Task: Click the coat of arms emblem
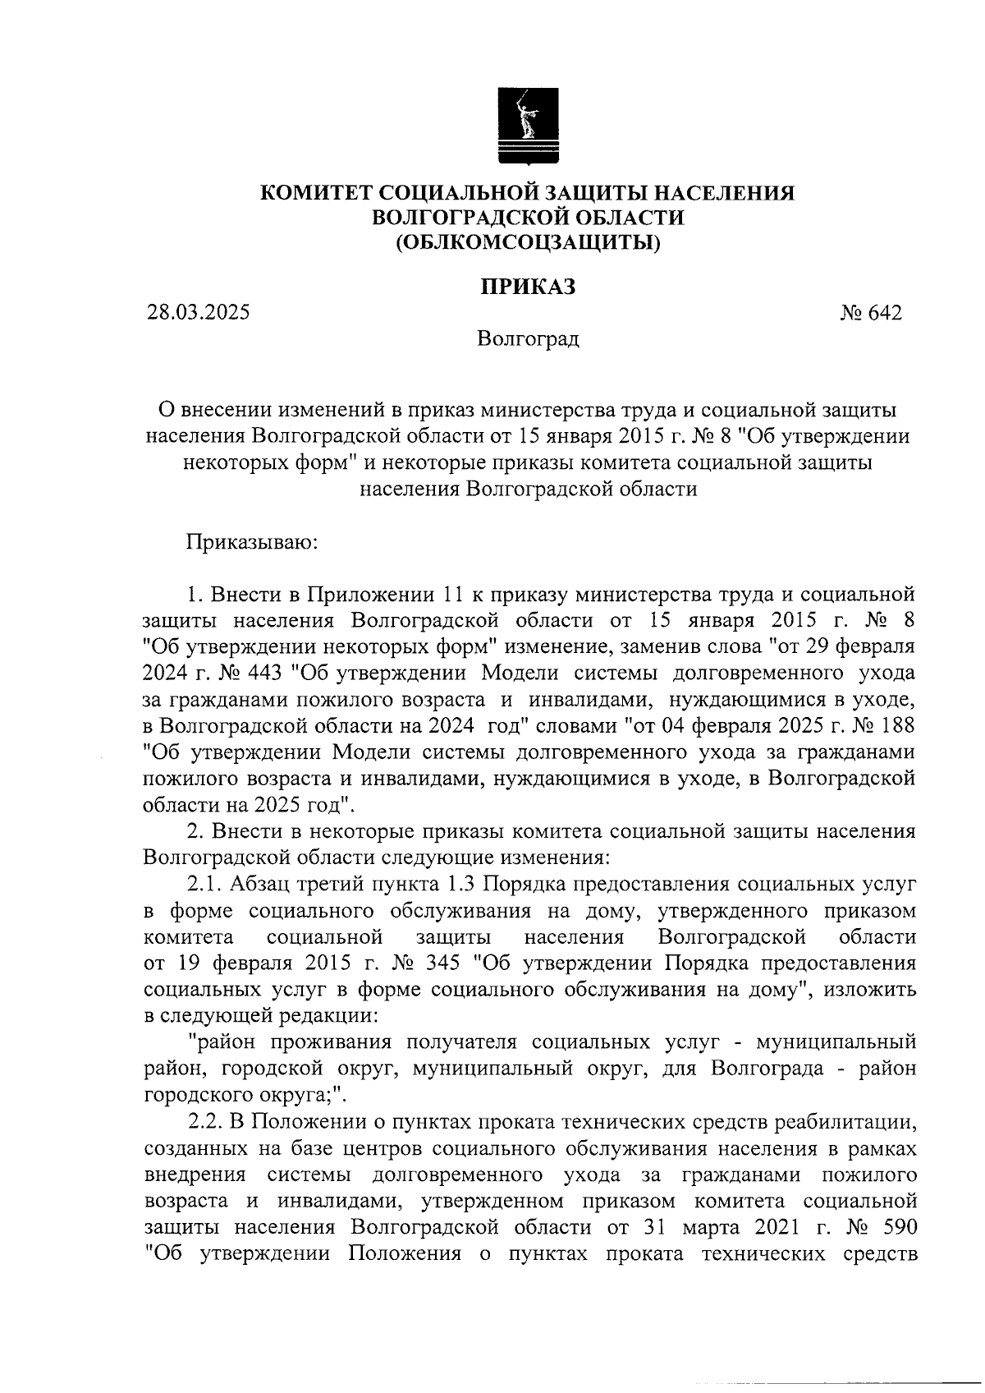pyautogui.click(x=528, y=127)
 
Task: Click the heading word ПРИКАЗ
pyautogui.click(x=528, y=287)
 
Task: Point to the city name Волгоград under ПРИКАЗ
pyautogui.click(x=529, y=339)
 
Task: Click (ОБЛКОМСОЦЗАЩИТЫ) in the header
pyautogui.click(x=528, y=241)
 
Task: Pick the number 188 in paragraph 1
pyautogui.click(x=895, y=726)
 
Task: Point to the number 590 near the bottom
pyautogui.click(x=895, y=1227)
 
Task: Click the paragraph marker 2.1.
pyautogui.click(x=205, y=885)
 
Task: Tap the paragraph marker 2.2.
pyautogui.click(x=205, y=1122)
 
